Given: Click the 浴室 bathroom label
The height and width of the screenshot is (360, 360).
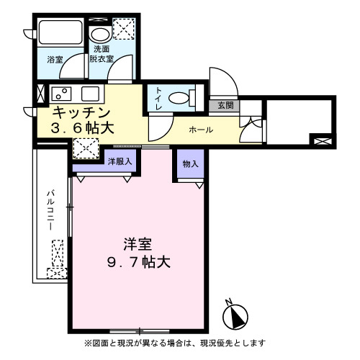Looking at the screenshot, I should pos(55,58).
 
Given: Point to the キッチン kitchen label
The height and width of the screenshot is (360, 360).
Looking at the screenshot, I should pos(81,113).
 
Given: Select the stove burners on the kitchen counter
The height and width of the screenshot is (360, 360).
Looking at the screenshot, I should pos(60,94).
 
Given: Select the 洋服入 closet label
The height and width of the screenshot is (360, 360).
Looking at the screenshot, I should pos(120,162).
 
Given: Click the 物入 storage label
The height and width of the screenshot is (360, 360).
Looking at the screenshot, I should pos(190,164).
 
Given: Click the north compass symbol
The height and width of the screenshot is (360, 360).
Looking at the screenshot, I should pos(235,315).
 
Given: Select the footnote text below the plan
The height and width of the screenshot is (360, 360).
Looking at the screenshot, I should pos(176,343).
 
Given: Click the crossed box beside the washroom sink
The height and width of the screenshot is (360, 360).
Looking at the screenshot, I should pos(124,30).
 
